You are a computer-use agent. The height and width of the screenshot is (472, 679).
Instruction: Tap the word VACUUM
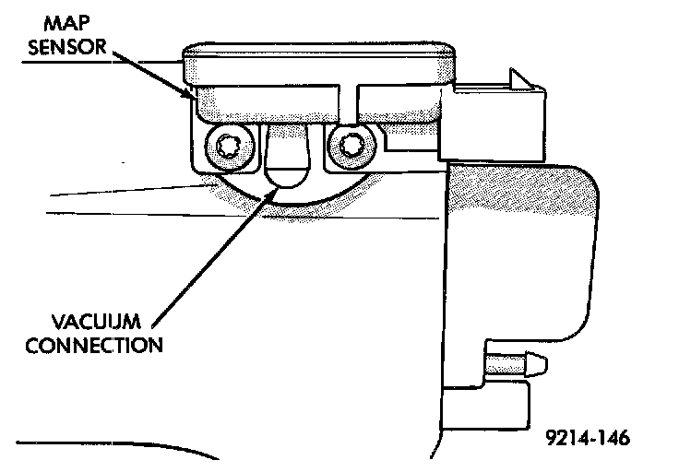click(95, 324)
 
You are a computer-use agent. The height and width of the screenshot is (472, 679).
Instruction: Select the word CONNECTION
click(95, 347)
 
